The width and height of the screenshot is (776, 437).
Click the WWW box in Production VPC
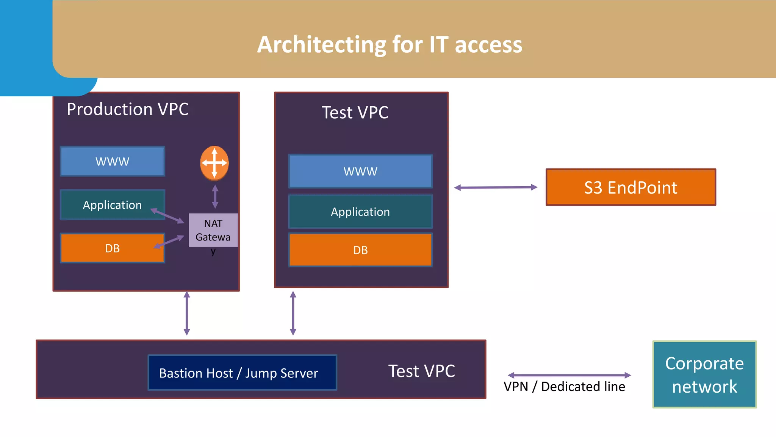tap(113, 162)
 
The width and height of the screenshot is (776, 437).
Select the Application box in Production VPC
tap(113, 205)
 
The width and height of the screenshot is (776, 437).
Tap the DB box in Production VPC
tap(113, 248)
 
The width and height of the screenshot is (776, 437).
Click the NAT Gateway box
tap(213, 230)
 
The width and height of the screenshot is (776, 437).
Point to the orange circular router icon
tap(214, 163)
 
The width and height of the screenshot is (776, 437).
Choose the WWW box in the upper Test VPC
tap(360, 171)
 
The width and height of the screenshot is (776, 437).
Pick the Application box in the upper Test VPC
tap(360, 212)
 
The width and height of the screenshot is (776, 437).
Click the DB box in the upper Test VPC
tap(360, 250)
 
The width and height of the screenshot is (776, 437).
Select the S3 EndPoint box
tap(631, 187)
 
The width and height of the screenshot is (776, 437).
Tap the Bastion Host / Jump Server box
tap(242, 373)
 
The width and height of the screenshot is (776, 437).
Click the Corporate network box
tap(704, 374)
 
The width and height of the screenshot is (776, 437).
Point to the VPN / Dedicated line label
tap(564, 387)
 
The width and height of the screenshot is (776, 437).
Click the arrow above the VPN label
tap(569, 375)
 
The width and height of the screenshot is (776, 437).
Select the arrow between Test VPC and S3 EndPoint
tap(496, 187)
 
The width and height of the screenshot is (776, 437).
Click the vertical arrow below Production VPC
tap(187, 313)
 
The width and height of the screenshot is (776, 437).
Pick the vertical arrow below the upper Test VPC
tap(293, 313)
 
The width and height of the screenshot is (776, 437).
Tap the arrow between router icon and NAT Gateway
tap(215, 196)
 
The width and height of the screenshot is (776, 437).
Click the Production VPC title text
tap(128, 109)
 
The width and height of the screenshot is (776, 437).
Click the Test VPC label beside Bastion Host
tap(421, 371)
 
